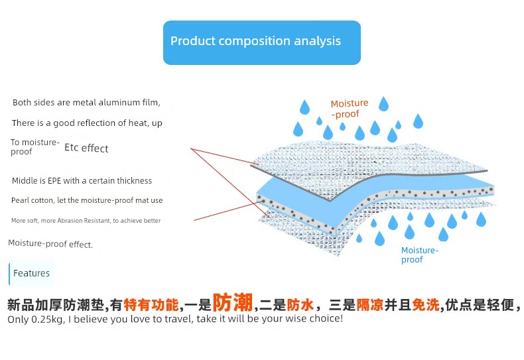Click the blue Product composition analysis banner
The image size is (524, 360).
pyautogui.click(x=261, y=42)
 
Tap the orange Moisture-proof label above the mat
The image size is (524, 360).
pyautogui.click(x=349, y=109)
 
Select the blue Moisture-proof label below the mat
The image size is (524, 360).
pyautogui.click(x=420, y=255)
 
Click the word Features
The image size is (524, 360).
pyautogui.click(x=31, y=273)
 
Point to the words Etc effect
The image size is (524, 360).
pyautogui.click(x=86, y=148)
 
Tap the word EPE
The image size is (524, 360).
pyautogui.click(x=54, y=181)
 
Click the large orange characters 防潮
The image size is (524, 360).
pyautogui.click(x=233, y=302)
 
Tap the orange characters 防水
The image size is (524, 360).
pyautogui.click(x=300, y=305)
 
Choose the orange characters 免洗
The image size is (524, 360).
pyautogui.click(x=425, y=305)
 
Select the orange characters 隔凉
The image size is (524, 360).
pyautogui.click(x=370, y=305)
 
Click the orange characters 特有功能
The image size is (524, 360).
pyautogui.click(x=151, y=305)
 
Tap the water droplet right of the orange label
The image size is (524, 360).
pyautogui.click(x=383, y=104)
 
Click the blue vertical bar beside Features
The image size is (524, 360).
pyautogui.click(x=9, y=274)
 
